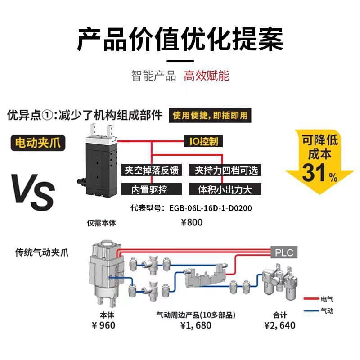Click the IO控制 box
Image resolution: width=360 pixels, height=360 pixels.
pyautogui.click(x=203, y=141)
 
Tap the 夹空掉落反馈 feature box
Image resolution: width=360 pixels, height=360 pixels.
pyautogui.click(x=152, y=170)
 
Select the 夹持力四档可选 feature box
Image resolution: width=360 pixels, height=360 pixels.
pyautogui.click(x=225, y=170)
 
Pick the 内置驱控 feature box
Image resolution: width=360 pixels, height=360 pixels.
pyautogui.click(x=152, y=189)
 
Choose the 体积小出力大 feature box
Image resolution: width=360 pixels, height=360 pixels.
pyautogui.click(x=225, y=189)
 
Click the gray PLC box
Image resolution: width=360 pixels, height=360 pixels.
pyautogui.click(x=284, y=252)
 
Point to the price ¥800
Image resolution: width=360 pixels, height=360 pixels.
pyautogui.click(x=192, y=222)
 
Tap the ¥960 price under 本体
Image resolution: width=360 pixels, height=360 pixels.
pyautogui.click(x=103, y=325)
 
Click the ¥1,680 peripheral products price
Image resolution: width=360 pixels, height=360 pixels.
pyautogui.click(x=196, y=325)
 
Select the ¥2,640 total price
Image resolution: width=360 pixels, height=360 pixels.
pyautogui.click(x=279, y=325)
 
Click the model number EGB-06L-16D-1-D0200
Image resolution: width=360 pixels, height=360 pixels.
pyautogui.click(x=211, y=208)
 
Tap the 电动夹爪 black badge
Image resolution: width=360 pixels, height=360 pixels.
pyautogui.click(x=38, y=143)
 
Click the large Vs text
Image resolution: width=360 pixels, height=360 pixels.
pyautogui.click(x=33, y=192)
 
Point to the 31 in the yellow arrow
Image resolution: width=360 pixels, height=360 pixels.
pyautogui.click(x=314, y=173)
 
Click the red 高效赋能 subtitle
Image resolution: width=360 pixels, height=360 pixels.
pyautogui.click(x=207, y=76)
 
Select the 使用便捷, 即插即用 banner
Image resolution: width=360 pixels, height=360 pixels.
pyautogui.click(x=210, y=115)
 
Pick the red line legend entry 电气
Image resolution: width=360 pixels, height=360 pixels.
pyautogui.click(x=319, y=299)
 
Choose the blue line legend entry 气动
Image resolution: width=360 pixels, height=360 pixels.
pyautogui.click(x=319, y=311)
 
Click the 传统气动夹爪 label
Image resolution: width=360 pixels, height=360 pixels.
pyautogui.click(x=42, y=252)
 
